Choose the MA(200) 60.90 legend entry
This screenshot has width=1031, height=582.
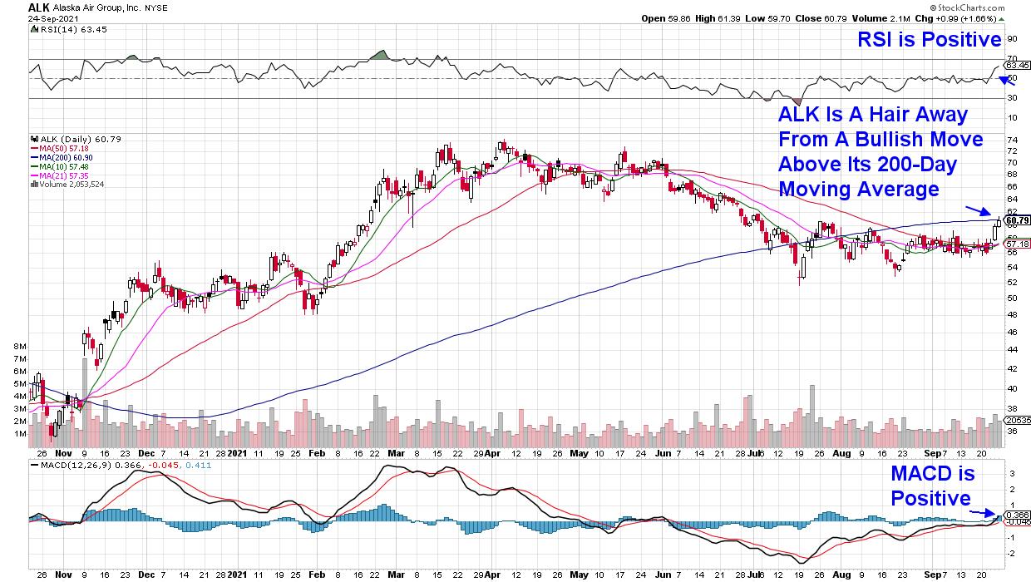(61, 156)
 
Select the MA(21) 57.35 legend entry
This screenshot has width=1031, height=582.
(59, 174)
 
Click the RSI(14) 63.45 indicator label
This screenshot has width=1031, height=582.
(62, 30)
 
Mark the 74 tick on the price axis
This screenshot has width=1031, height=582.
(1011, 141)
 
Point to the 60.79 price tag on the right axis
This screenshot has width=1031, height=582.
(1016, 220)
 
